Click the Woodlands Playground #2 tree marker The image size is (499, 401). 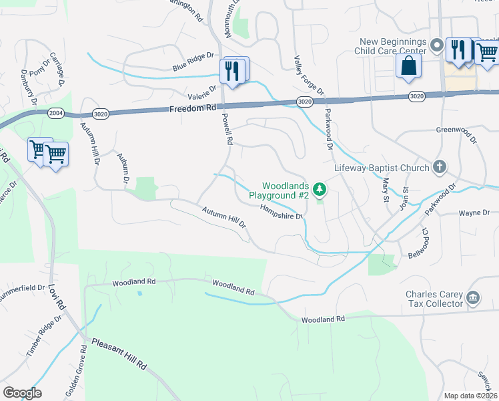click(x=320, y=190)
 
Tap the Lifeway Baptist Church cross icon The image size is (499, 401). click(x=439, y=166)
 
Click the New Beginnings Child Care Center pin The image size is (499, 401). click(x=437, y=45)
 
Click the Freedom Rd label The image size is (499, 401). click(x=193, y=108)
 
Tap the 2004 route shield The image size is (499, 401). click(x=55, y=114)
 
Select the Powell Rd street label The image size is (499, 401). click(x=227, y=129)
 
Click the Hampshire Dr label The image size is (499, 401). click(x=281, y=211)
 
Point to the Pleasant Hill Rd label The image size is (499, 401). click(x=120, y=355)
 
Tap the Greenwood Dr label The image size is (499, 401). click(x=457, y=136)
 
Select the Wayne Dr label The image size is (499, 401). click(x=474, y=213)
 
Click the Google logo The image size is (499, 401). click(x=22, y=392)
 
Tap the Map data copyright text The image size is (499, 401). click(x=470, y=396)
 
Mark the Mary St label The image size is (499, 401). click(x=385, y=190)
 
